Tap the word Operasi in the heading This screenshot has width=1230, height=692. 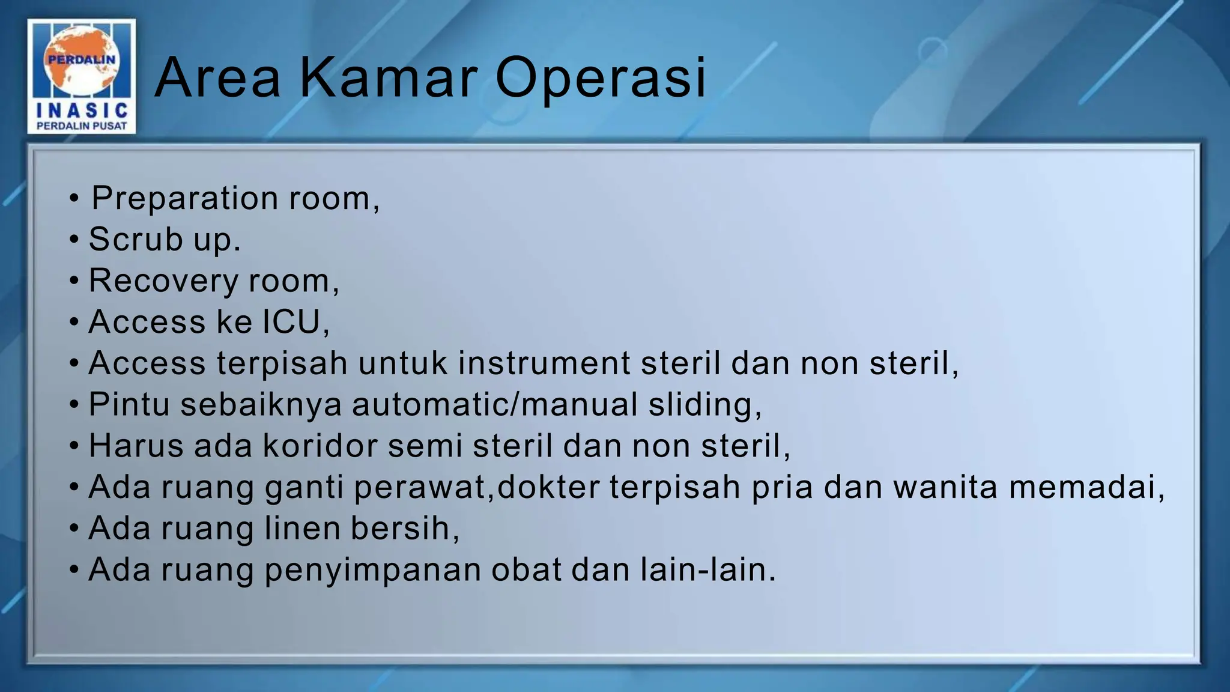601,77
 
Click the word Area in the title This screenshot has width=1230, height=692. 218,77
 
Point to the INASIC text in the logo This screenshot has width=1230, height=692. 82,110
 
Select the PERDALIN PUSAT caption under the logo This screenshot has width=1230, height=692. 82,126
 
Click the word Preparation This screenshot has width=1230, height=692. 184,198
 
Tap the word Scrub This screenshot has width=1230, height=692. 136,239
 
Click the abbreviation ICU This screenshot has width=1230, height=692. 292,321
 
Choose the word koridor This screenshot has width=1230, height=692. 320,446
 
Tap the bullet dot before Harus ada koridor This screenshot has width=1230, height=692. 74,446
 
